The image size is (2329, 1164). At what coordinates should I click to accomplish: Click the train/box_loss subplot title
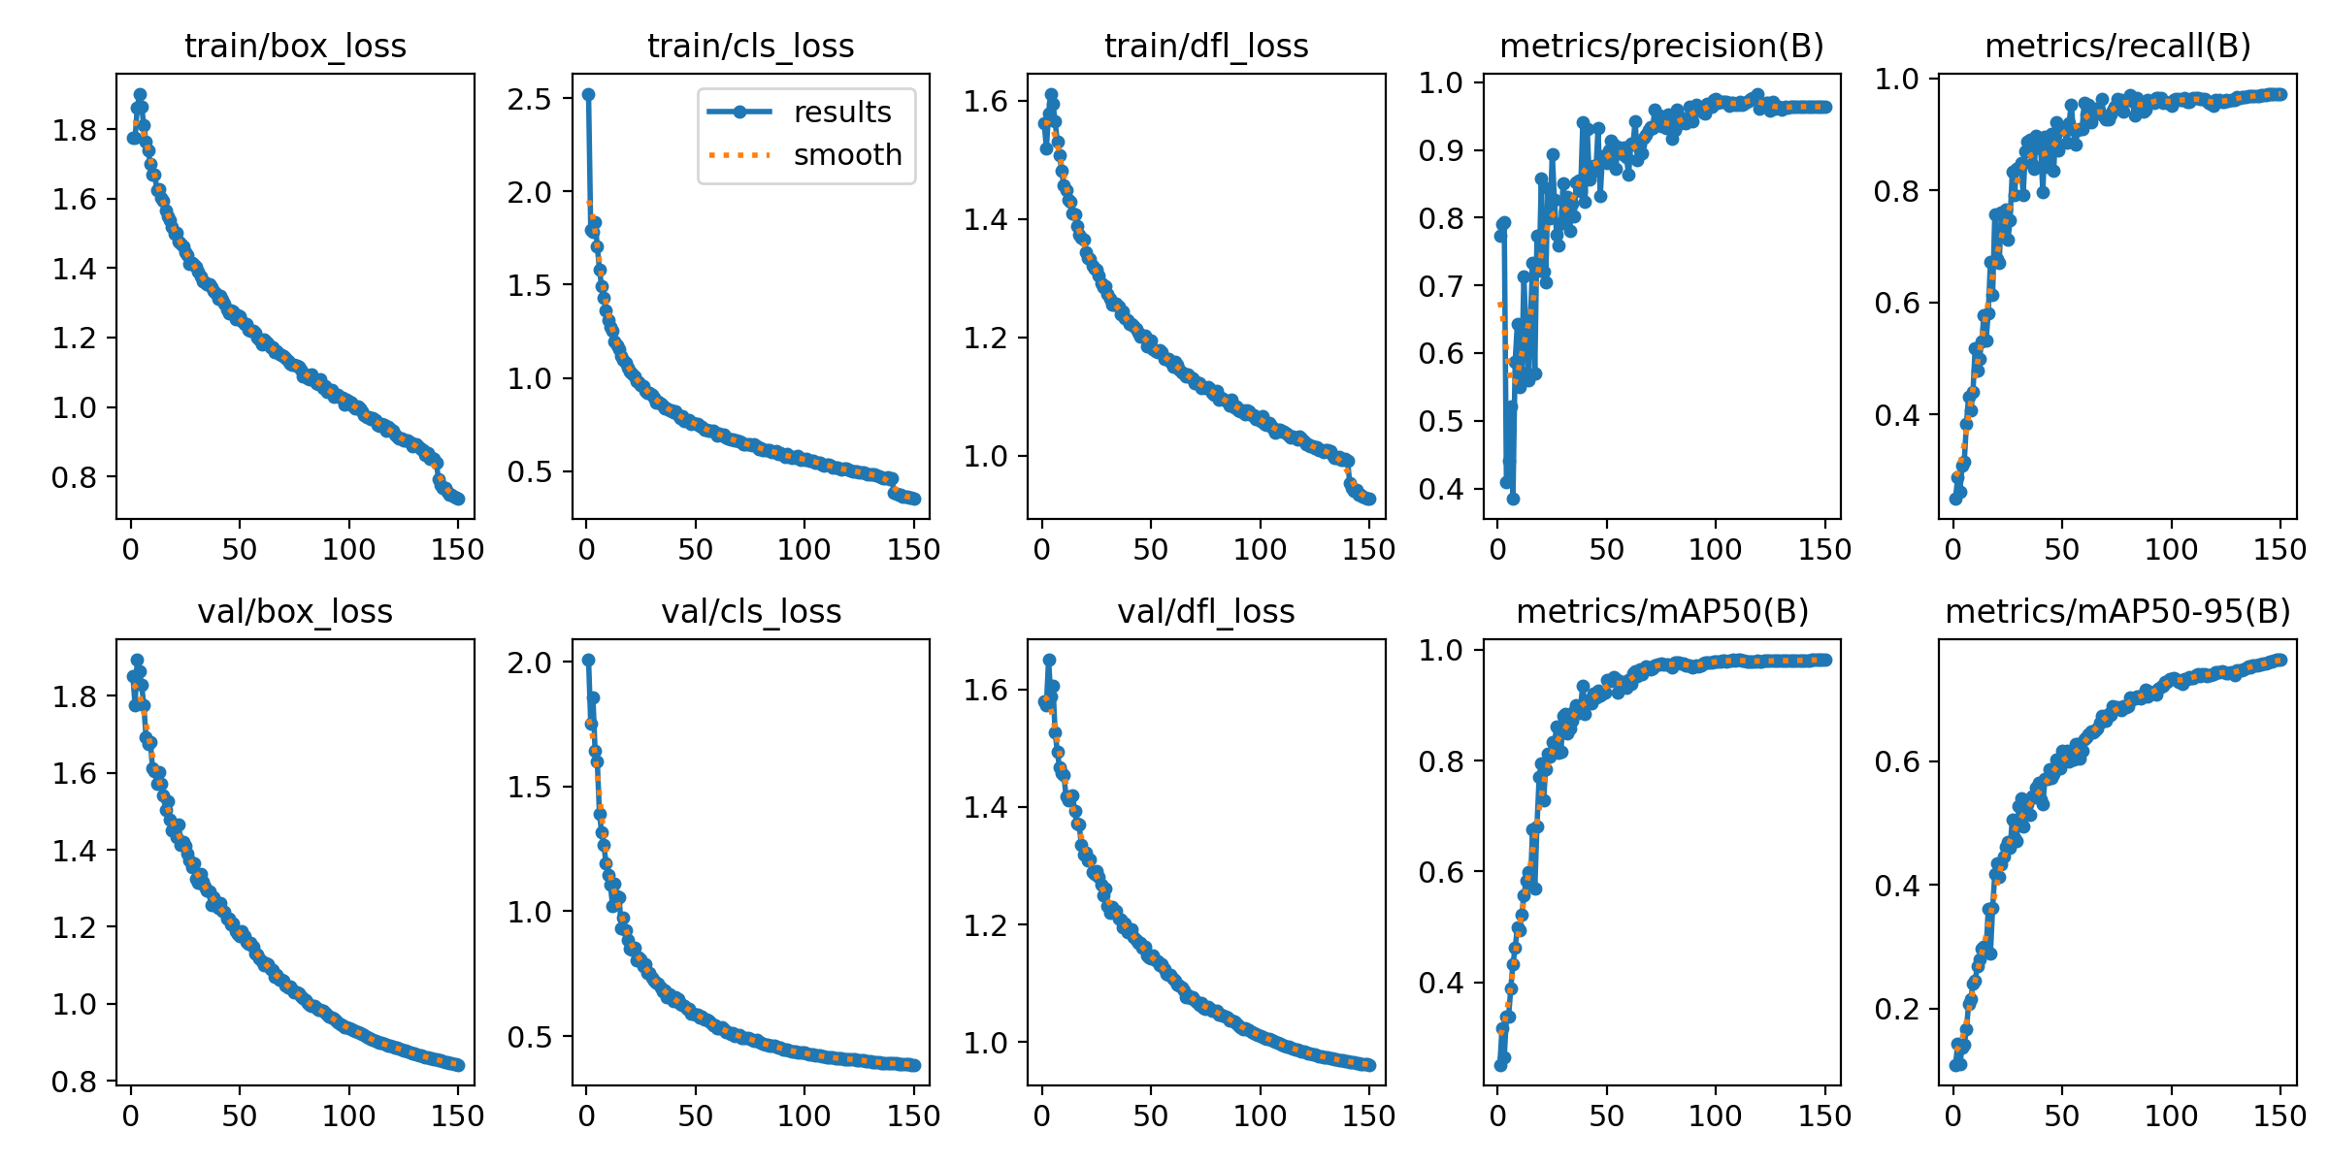point(295,46)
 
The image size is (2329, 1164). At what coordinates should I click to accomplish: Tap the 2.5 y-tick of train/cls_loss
point(529,99)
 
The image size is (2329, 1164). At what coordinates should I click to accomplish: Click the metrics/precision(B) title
point(1661,46)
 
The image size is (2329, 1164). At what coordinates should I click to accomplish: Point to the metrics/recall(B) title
point(2117,46)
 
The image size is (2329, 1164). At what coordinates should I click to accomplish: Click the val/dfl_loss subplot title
point(1206,611)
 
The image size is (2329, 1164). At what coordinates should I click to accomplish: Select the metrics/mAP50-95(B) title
point(2117,611)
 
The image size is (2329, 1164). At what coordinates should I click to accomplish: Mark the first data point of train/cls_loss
point(588,95)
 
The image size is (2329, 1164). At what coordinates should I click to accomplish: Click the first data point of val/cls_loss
point(588,661)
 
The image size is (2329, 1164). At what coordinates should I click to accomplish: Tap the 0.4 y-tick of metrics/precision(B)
point(1441,489)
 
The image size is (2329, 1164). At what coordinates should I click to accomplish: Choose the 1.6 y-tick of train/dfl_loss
point(985,101)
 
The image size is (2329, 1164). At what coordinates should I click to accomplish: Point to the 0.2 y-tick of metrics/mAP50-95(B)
point(1896,1009)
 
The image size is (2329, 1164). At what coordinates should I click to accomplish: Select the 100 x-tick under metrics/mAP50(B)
point(1716,1115)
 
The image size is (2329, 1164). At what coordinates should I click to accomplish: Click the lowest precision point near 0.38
point(1513,499)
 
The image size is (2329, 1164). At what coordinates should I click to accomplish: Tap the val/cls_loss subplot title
point(751,611)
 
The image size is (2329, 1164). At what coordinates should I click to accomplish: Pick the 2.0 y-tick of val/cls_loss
point(529,663)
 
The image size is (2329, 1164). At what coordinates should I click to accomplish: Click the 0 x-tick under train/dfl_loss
point(1042,550)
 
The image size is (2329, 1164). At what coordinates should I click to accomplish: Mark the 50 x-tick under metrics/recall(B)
point(2062,550)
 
